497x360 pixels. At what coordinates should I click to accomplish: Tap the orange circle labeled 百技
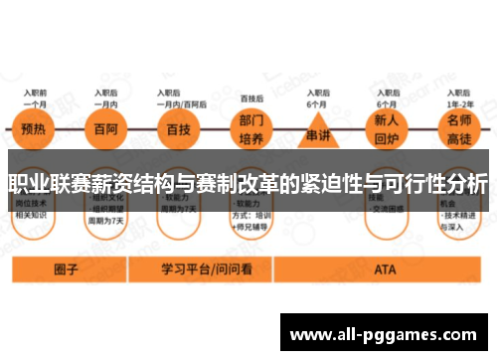(x=176, y=129)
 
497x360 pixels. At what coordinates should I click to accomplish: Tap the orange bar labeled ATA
(x=384, y=269)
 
